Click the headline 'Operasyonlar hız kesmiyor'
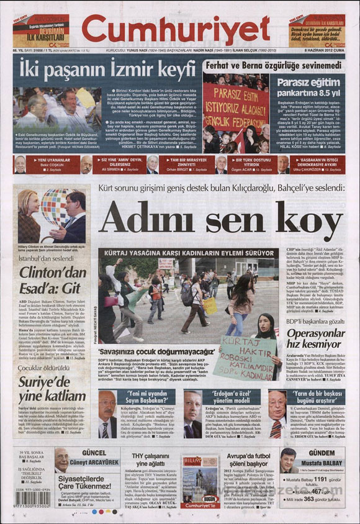[x=310, y=351]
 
